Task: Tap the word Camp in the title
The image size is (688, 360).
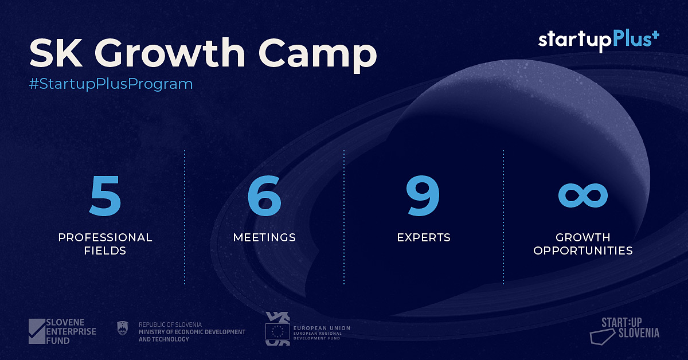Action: tap(318, 55)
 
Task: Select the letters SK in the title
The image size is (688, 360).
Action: tap(56, 53)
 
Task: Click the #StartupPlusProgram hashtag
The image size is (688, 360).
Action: tap(111, 84)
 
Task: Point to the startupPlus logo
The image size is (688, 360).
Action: tap(599, 41)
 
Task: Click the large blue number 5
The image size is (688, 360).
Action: tap(105, 195)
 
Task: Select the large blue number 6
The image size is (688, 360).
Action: tap(264, 195)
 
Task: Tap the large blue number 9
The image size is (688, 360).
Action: tap(423, 195)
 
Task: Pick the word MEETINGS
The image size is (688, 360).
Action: tap(264, 237)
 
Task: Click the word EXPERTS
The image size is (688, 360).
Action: tap(424, 237)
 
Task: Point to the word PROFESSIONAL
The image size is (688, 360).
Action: tap(105, 237)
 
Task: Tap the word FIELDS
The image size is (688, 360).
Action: tap(105, 251)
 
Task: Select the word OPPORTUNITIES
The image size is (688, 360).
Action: tap(583, 251)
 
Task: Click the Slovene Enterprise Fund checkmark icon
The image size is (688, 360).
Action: tap(37, 331)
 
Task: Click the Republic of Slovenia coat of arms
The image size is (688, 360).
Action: tap(123, 328)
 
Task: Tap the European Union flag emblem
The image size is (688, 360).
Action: tap(277, 331)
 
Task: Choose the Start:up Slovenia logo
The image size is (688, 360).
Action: tap(625, 331)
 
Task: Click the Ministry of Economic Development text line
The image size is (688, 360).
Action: tap(192, 332)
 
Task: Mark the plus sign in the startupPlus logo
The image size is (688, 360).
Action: tap(655, 35)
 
